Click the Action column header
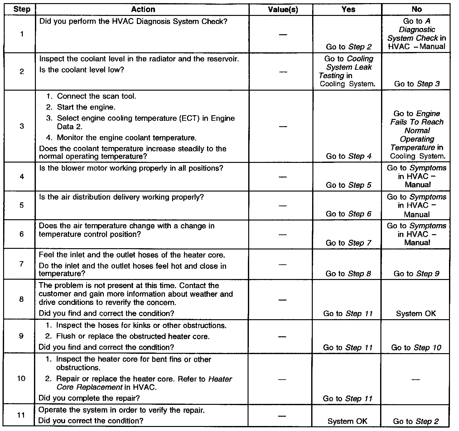coord(143,9)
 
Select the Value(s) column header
coord(283,10)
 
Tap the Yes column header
coord(348,9)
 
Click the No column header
coord(417,9)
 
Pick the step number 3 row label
coord(22,126)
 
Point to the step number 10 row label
coord(21,378)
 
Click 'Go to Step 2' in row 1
coord(349,47)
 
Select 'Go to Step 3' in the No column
coord(417,84)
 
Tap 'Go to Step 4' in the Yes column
coord(349,156)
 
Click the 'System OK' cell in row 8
coord(416,314)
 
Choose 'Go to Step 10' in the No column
coord(416,348)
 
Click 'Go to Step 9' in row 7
coord(417,274)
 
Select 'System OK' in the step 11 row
coord(347,421)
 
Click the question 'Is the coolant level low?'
coord(82,70)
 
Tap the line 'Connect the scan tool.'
coord(96,96)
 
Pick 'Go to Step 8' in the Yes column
coord(348,274)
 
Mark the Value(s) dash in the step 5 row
coord(283,206)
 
